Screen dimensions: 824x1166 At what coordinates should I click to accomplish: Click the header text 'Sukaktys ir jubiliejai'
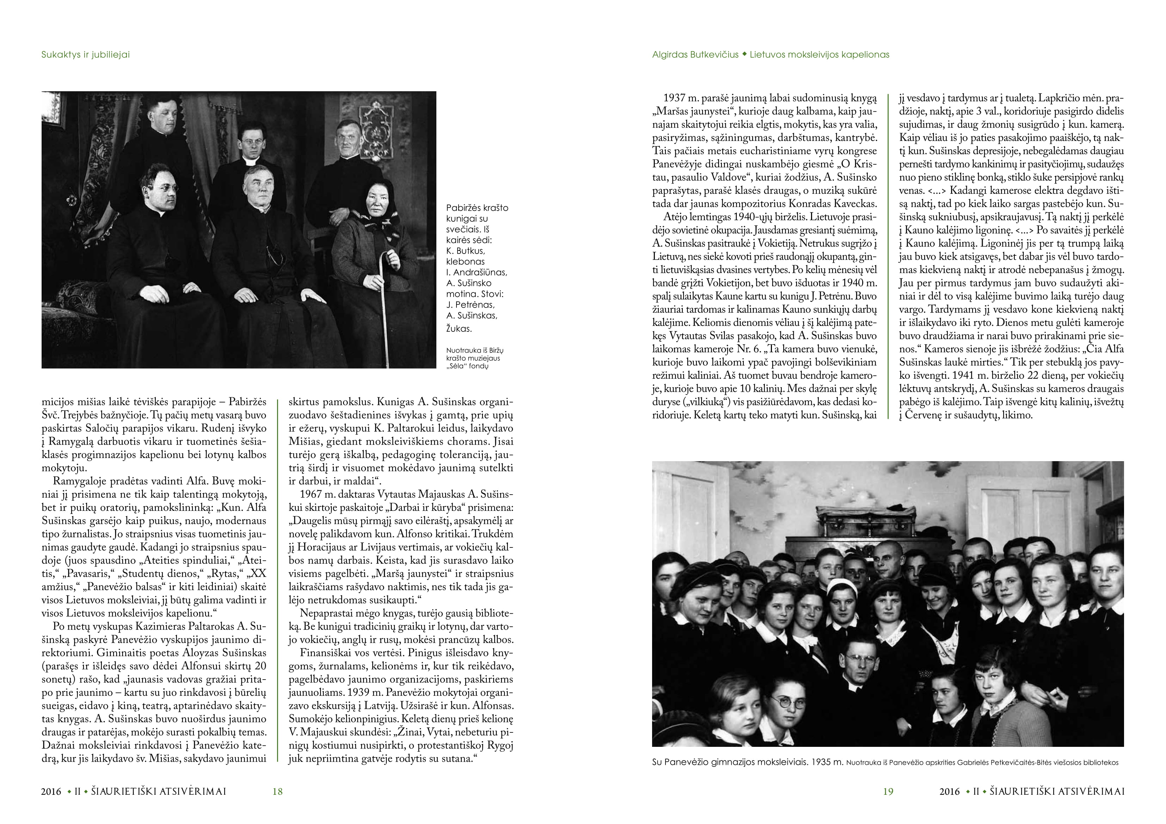[85, 55]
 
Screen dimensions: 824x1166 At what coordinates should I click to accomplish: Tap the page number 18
[277, 791]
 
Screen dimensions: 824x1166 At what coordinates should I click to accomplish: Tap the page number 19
[888, 791]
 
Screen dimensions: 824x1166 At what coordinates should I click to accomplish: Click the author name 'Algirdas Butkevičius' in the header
[695, 55]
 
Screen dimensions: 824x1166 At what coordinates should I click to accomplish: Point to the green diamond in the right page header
[744, 54]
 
